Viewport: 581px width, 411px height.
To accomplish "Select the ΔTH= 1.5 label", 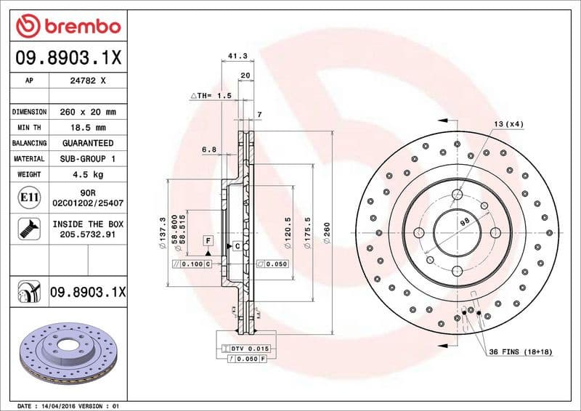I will pyautogui.click(x=211, y=95).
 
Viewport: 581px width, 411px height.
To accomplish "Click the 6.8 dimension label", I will pyautogui.click(x=208, y=150).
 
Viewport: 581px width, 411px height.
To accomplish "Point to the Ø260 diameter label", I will pyautogui.click(x=327, y=232).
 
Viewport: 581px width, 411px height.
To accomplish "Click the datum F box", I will pyautogui.click(x=208, y=240).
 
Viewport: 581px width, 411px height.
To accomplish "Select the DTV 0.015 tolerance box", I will pyautogui.click(x=251, y=349).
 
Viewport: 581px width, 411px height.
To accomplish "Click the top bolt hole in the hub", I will pyautogui.click(x=457, y=194).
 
